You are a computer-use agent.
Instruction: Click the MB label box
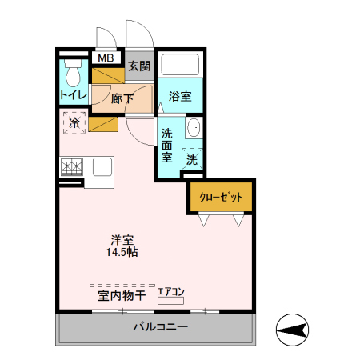pos(104,58)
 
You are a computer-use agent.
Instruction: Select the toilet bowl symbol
pos(74,76)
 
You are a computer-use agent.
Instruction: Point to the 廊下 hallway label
pos(122,99)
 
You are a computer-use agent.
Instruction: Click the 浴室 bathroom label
pos(179,98)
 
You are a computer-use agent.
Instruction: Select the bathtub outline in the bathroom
pos(179,65)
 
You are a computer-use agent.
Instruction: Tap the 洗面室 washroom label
pos(167,145)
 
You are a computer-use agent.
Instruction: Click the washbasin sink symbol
pos(193,129)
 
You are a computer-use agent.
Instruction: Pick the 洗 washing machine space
pos(192,159)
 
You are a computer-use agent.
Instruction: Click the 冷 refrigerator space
pos(74,123)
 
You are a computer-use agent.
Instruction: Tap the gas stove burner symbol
pos(70,166)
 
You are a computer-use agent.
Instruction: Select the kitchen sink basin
pos(102,166)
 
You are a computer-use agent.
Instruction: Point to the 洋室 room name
pos(122,239)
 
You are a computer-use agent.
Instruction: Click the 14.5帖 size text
pos(122,253)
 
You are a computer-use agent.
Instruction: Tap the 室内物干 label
pos(122,297)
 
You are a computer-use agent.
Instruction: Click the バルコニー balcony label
pos(160,328)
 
